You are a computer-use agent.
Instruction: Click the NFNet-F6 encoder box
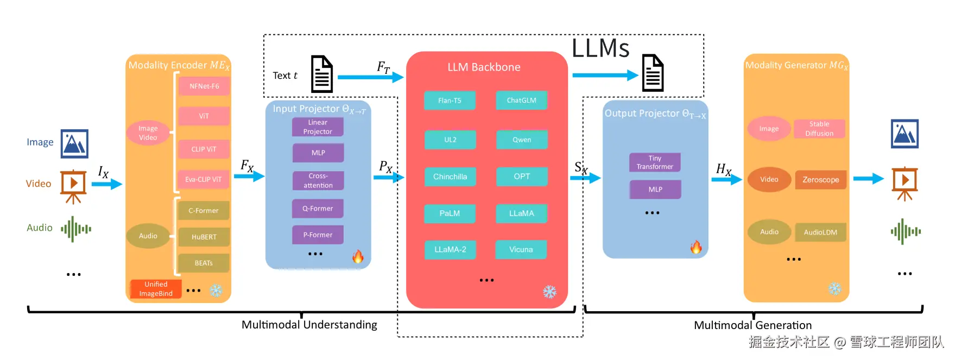[204, 86]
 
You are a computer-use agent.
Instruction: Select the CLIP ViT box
[204, 149]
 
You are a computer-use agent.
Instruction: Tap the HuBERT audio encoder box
[204, 237]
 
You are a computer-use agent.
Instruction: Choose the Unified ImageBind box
[156, 289]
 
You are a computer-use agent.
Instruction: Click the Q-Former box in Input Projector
[318, 209]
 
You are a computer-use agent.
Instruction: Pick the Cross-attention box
[318, 181]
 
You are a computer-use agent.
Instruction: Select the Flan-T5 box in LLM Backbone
[450, 100]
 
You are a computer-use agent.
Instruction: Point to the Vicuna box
[521, 250]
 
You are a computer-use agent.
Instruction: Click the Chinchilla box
[450, 176]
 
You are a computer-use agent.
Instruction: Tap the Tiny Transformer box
[655, 162]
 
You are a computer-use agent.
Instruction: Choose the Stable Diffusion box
[819, 129]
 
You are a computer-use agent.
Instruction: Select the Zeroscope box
[820, 180]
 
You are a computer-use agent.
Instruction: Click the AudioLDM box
[820, 232]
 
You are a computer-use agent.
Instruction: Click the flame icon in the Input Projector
[358, 256]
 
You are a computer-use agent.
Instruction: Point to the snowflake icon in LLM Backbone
[549, 292]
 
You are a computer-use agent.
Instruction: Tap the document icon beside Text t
[321, 74]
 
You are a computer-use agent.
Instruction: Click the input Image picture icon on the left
[74, 143]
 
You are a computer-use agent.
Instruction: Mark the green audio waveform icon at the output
[905, 231]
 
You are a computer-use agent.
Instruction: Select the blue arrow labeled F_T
[370, 77]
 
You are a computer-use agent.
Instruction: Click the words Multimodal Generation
[752, 325]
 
